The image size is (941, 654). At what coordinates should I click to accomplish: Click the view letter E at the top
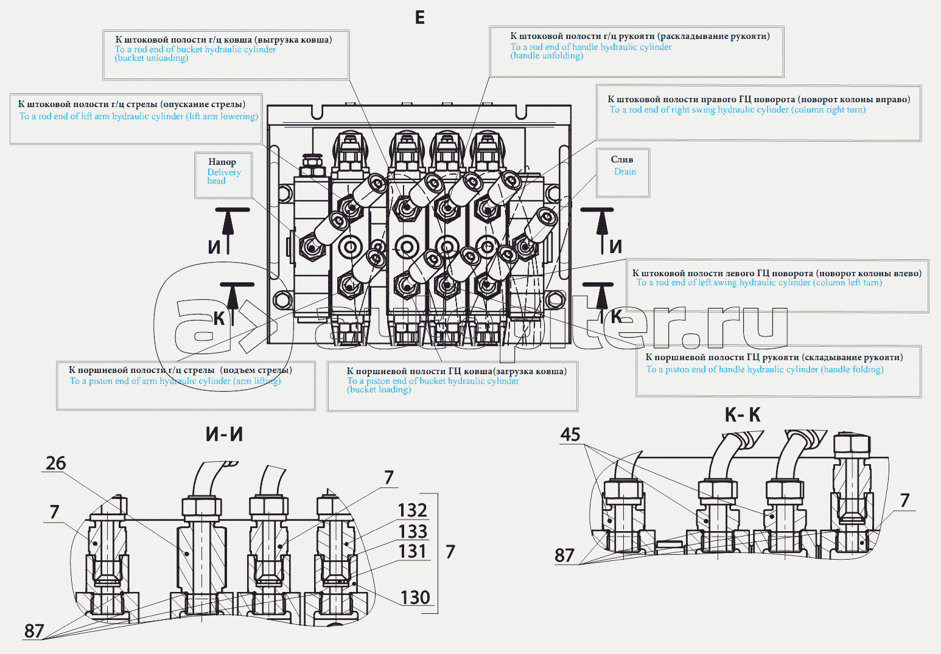click(419, 18)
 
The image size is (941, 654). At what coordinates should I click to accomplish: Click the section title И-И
click(224, 434)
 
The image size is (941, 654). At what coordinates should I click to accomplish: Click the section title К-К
click(742, 415)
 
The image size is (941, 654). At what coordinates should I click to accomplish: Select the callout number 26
click(55, 463)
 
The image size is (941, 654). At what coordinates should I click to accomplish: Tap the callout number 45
click(570, 434)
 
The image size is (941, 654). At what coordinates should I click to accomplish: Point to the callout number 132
click(413, 510)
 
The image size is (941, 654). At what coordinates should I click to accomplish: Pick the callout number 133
click(413, 531)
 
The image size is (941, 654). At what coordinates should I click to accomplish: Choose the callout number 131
click(413, 551)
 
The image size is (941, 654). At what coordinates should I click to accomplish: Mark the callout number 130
click(415, 597)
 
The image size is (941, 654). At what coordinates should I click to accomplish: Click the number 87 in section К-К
click(564, 555)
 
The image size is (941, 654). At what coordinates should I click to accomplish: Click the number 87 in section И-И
click(34, 631)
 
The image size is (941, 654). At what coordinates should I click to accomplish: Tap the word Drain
click(625, 172)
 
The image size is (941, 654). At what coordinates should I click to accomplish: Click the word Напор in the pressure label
click(222, 162)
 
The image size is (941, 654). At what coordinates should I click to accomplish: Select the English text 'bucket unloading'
click(152, 58)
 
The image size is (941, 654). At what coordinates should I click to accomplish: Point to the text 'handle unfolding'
click(547, 56)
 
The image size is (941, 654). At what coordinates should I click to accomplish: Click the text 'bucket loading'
click(379, 390)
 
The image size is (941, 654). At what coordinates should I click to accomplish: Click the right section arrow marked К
click(601, 302)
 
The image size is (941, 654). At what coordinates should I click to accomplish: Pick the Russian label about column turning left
click(777, 273)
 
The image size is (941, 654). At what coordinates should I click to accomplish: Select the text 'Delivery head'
click(223, 176)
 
